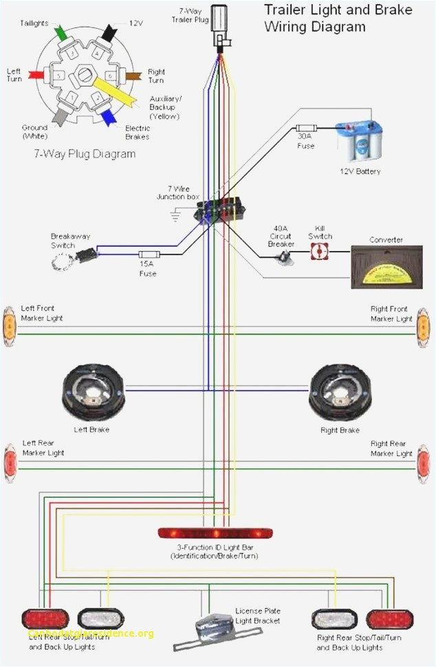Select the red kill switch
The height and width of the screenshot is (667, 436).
click(319, 253)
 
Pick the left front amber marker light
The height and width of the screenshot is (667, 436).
click(10, 324)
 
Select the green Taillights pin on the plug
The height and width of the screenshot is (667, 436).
click(61, 32)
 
